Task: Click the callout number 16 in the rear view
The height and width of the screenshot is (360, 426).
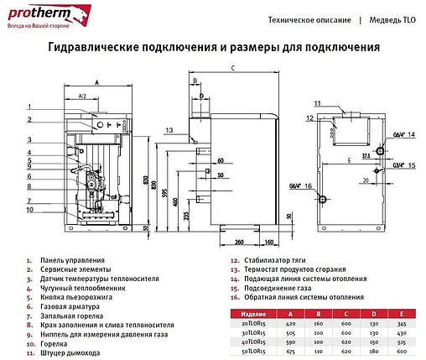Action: tap(309, 185)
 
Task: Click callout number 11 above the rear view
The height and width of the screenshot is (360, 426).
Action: tap(318, 102)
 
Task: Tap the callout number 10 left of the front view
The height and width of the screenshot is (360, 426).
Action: tap(29, 210)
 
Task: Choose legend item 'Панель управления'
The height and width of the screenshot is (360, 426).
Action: tap(72, 261)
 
